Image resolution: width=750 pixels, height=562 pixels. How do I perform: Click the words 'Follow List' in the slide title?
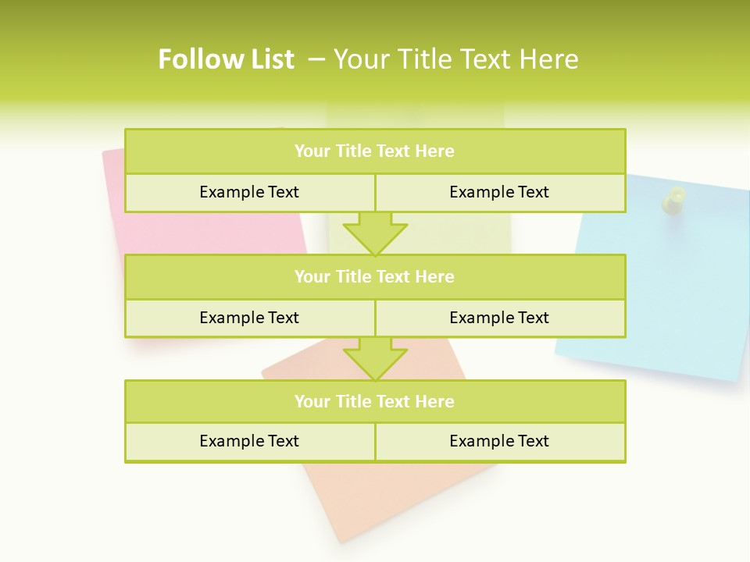point(226,59)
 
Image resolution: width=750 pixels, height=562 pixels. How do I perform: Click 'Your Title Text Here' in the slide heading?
point(456,59)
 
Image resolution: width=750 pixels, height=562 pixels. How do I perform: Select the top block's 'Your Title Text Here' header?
point(374,151)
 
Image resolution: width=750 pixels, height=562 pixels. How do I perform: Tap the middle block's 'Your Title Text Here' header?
point(374,276)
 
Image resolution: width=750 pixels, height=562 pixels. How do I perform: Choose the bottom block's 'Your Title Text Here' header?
point(374,401)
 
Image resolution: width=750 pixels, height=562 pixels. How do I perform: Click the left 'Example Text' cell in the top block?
point(249,192)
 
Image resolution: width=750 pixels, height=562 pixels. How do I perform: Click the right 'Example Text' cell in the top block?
point(499,192)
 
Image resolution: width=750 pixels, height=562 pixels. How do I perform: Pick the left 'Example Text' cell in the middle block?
point(249,318)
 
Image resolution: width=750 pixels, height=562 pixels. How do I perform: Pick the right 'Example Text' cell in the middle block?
point(499,318)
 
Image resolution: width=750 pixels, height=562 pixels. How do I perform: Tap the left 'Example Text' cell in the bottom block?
point(249,441)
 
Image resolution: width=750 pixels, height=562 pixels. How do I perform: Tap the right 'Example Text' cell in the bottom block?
point(499,441)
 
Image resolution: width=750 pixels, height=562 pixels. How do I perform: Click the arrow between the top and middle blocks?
point(375,233)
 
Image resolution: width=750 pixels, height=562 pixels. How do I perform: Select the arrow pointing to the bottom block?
point(375,358)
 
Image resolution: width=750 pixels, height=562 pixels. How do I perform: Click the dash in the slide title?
point(317,59)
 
